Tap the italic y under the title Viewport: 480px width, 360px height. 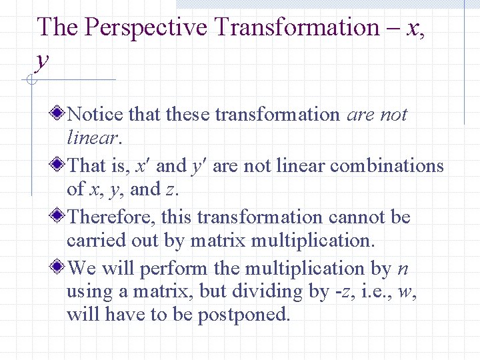[42, 59]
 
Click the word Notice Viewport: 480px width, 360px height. [95, 114]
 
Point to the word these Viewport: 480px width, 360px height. [187, 114]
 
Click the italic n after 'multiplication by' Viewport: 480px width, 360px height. [403, 269]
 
